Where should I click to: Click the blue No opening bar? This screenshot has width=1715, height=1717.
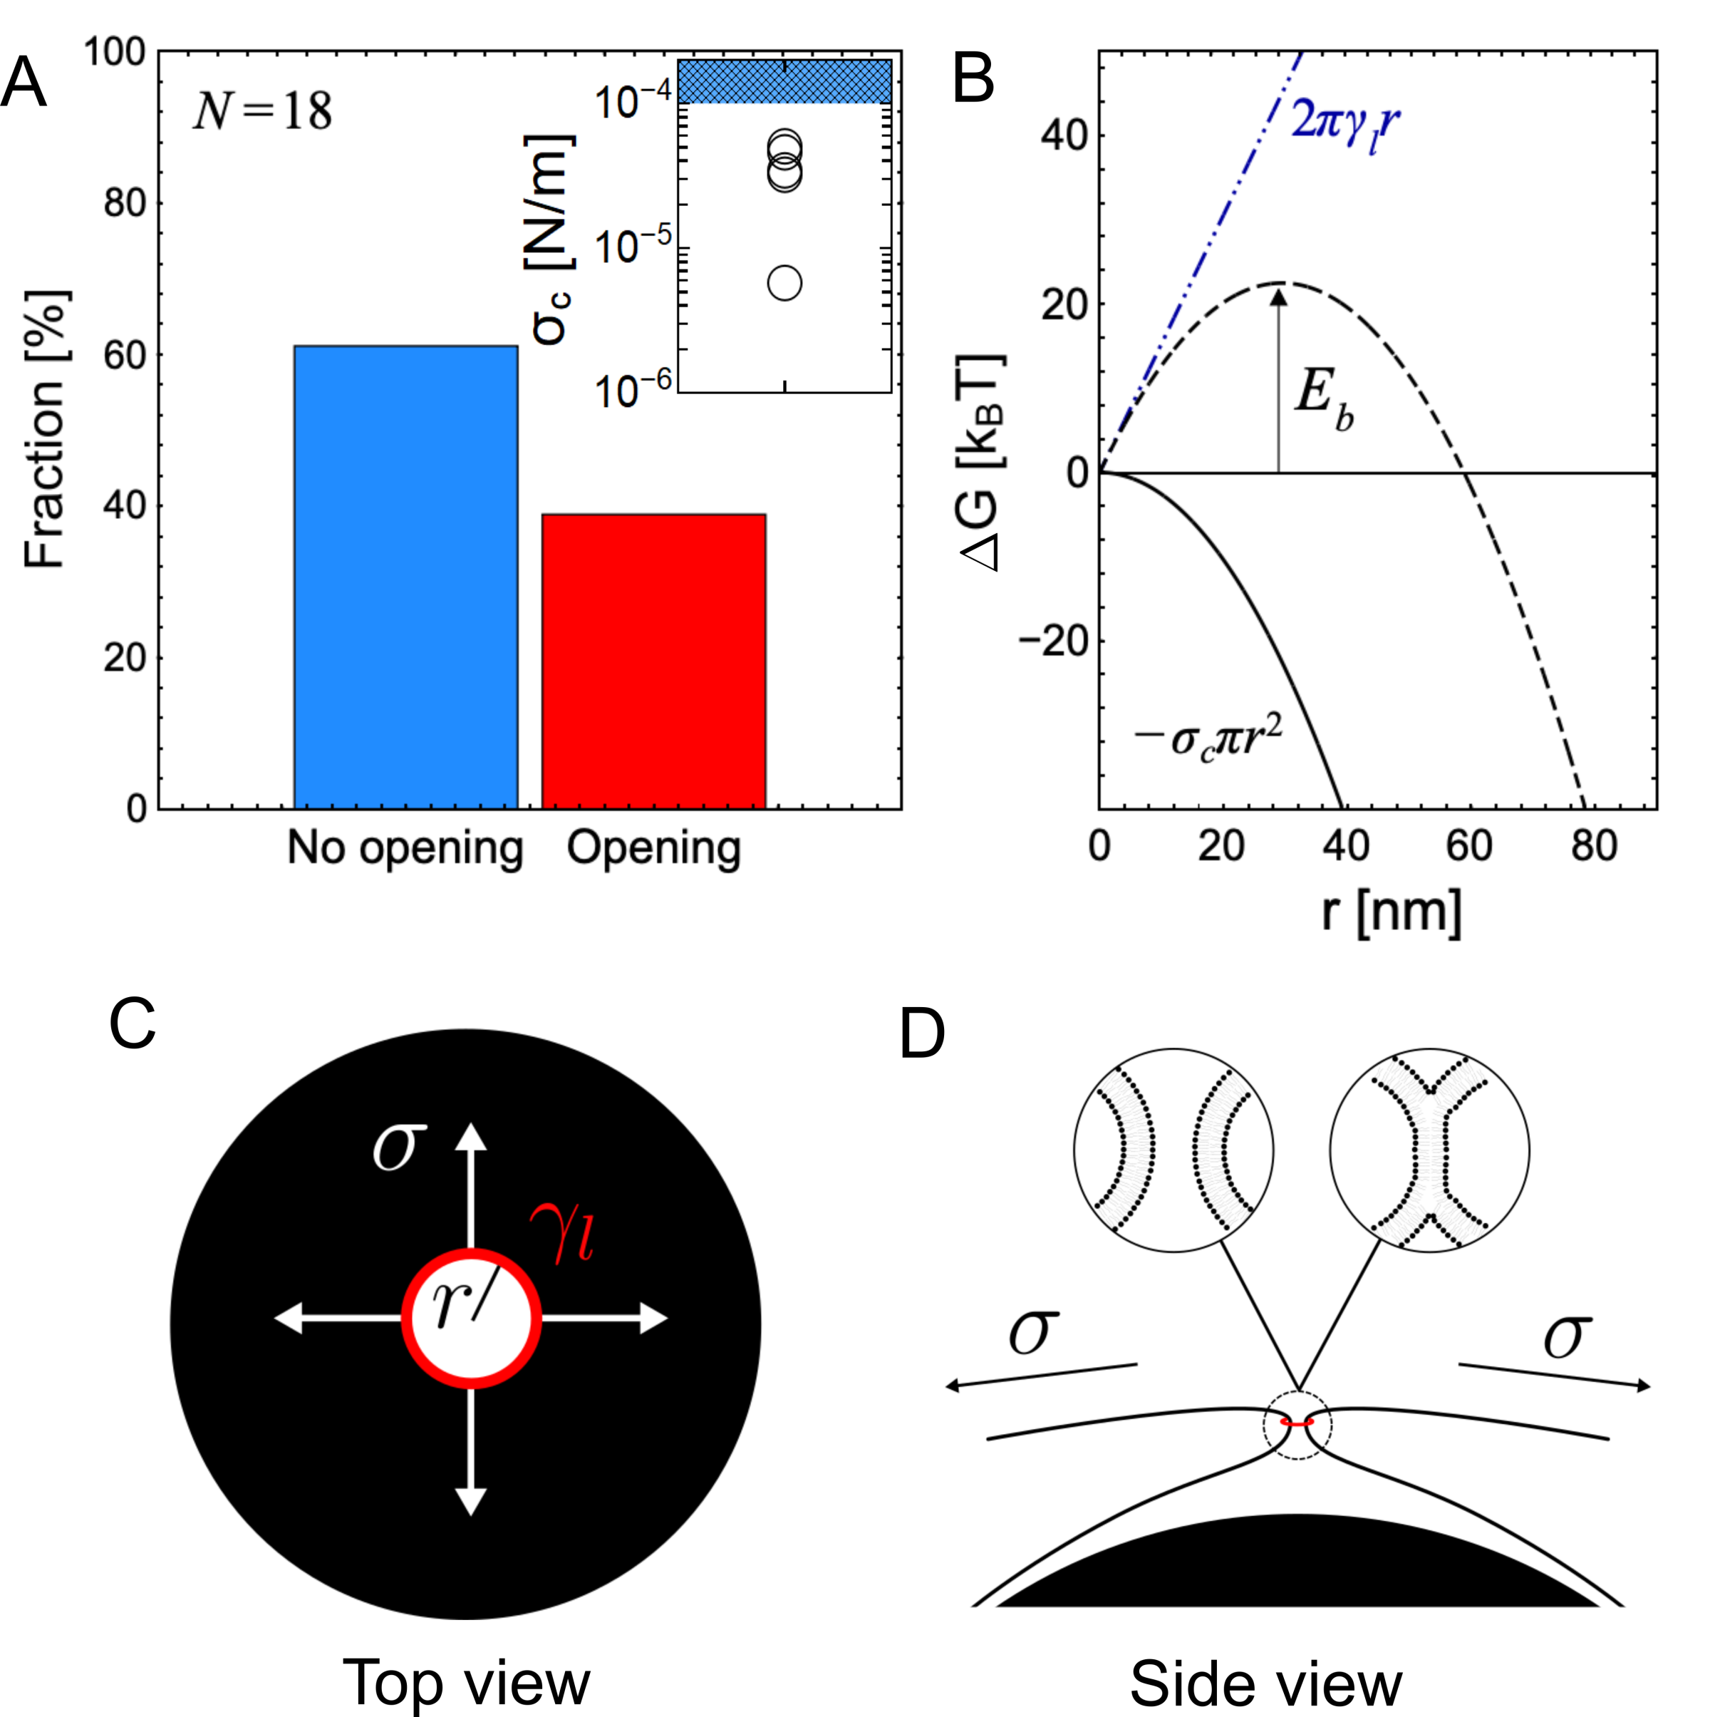point(405,577)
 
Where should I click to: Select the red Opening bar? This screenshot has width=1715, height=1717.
point(654,661)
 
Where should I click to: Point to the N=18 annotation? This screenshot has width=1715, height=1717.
point(263,112)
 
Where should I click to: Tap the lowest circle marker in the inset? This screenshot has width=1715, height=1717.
point(784,284)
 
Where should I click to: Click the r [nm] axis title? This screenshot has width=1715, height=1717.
point(1392,912)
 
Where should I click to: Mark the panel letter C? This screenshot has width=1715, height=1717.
point(133,1023)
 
